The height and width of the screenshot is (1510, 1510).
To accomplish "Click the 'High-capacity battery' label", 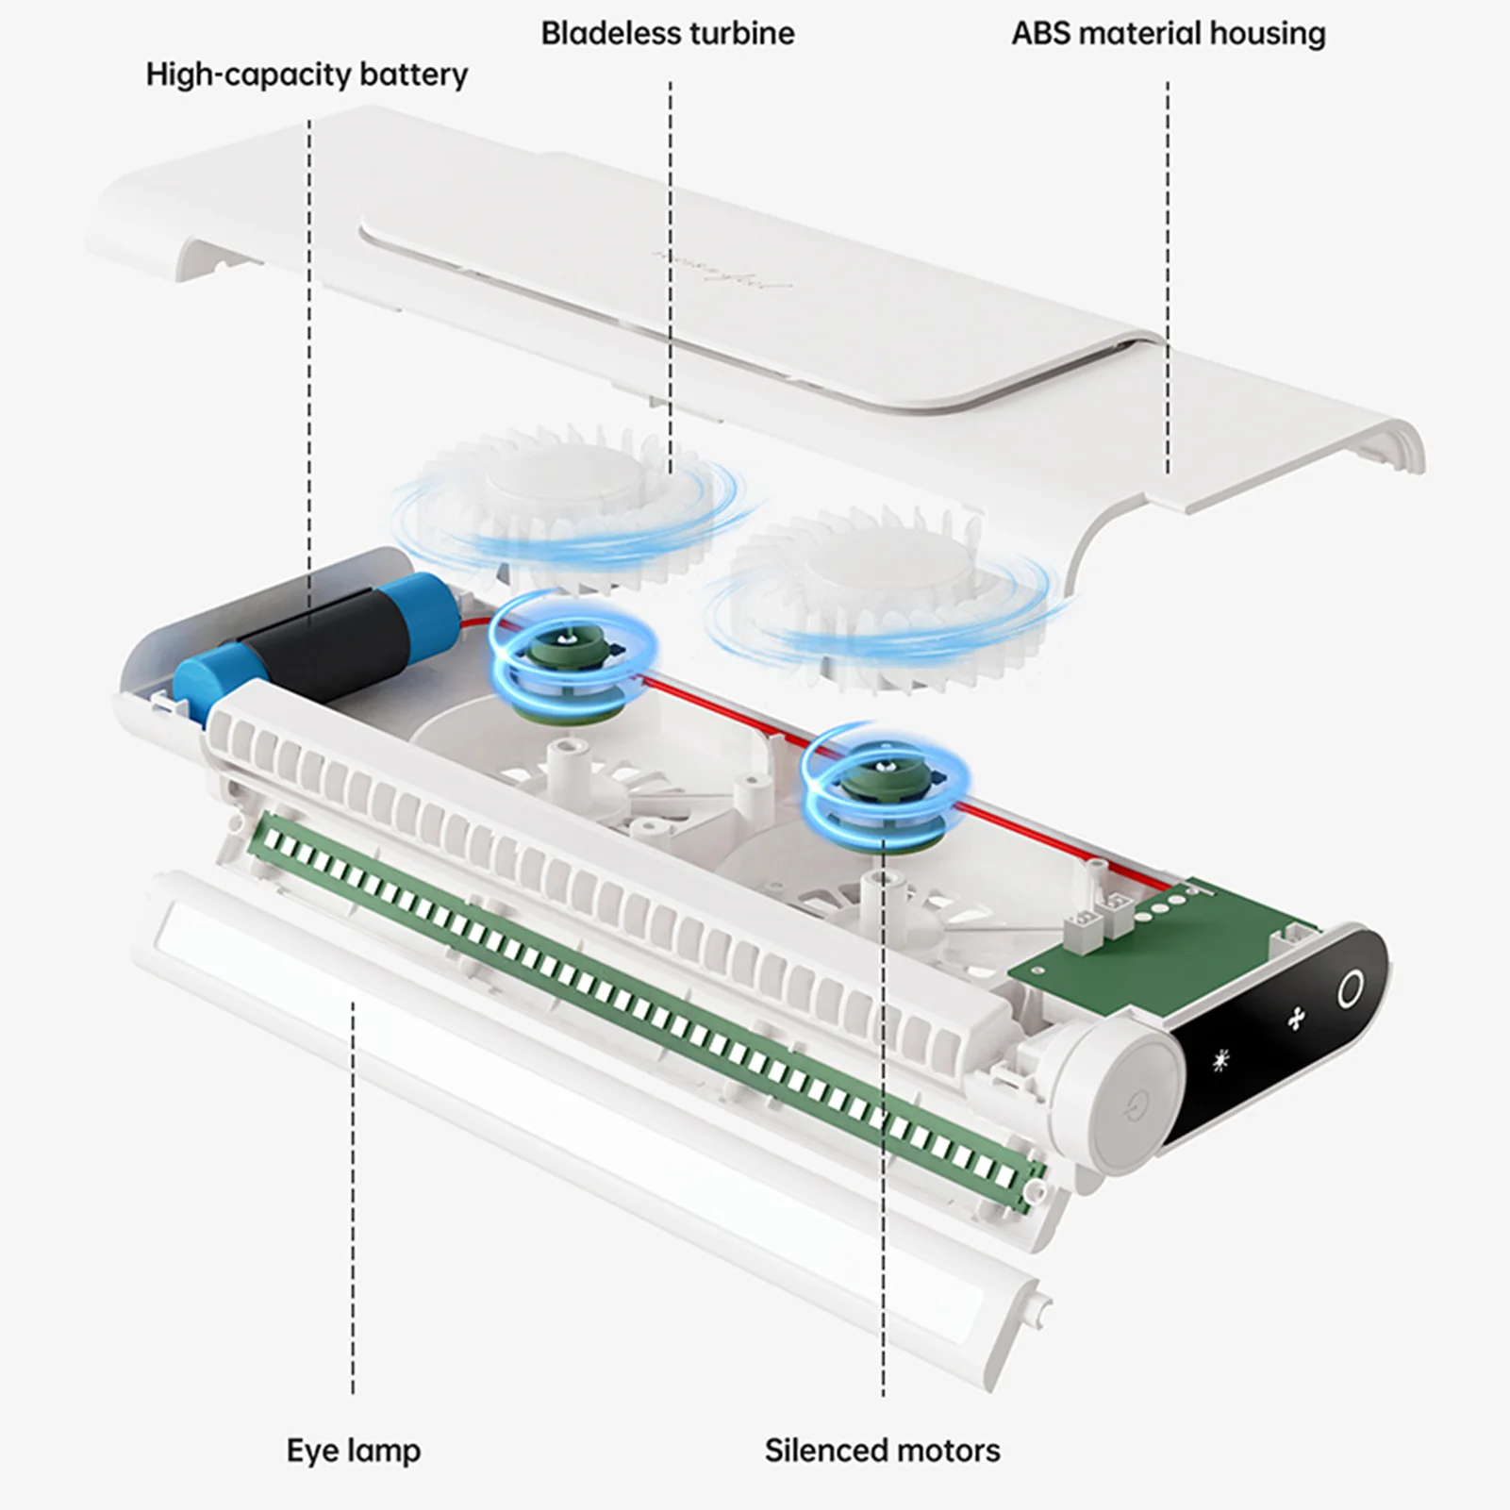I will pyautogui.click(x=306, y=75).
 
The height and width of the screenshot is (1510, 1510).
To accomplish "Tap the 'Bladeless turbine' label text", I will pyautogui.click(x=667, y=33).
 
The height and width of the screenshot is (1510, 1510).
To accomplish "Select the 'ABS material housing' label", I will pyautogui.click(x=1168, y=33).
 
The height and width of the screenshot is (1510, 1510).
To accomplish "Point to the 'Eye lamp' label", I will pyautogui.click(x=353, y=1450).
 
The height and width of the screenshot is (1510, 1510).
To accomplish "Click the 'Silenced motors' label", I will pyautogui.click(x=882, y=1450).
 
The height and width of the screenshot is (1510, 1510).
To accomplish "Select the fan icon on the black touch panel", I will pyautogui.click(x=1296, y=1018).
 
